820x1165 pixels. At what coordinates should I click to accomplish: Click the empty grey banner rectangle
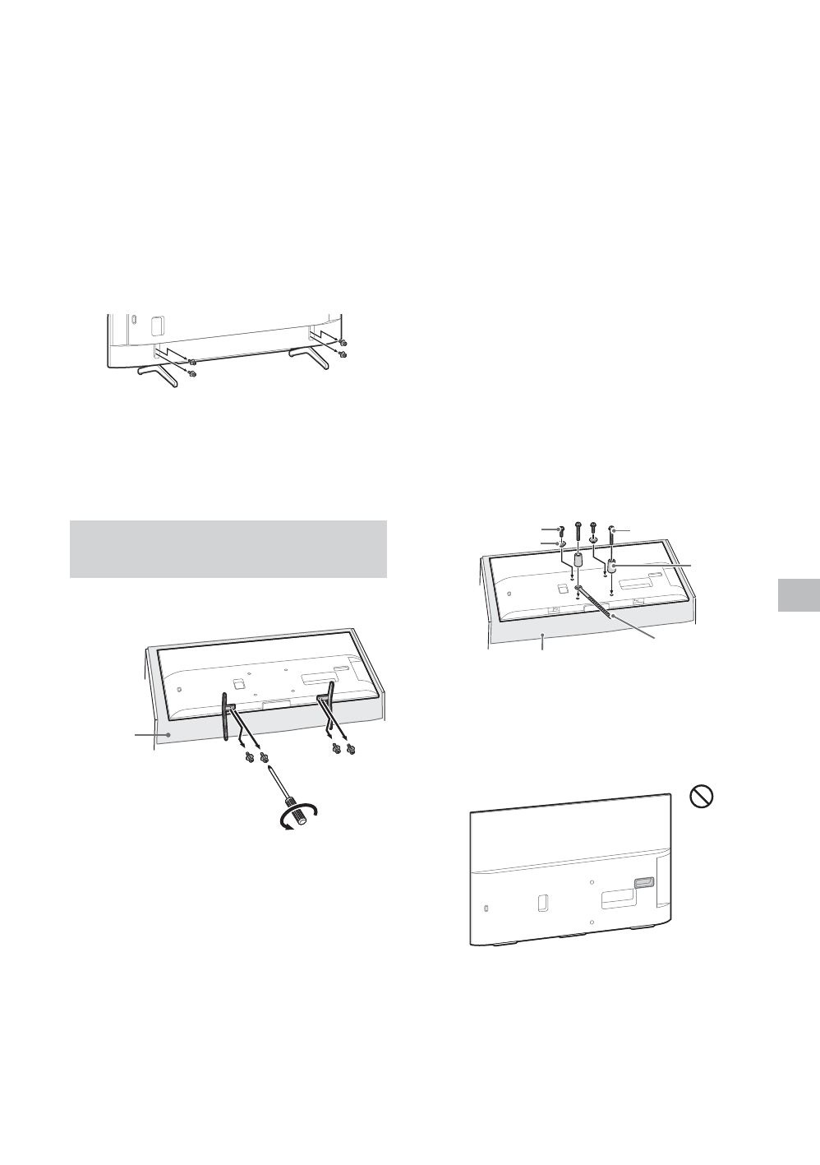[x=228, y=548]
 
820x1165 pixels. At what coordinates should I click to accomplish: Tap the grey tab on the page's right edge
[x=797, y=594]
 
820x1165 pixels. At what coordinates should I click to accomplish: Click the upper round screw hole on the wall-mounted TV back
[x=592, y=880]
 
